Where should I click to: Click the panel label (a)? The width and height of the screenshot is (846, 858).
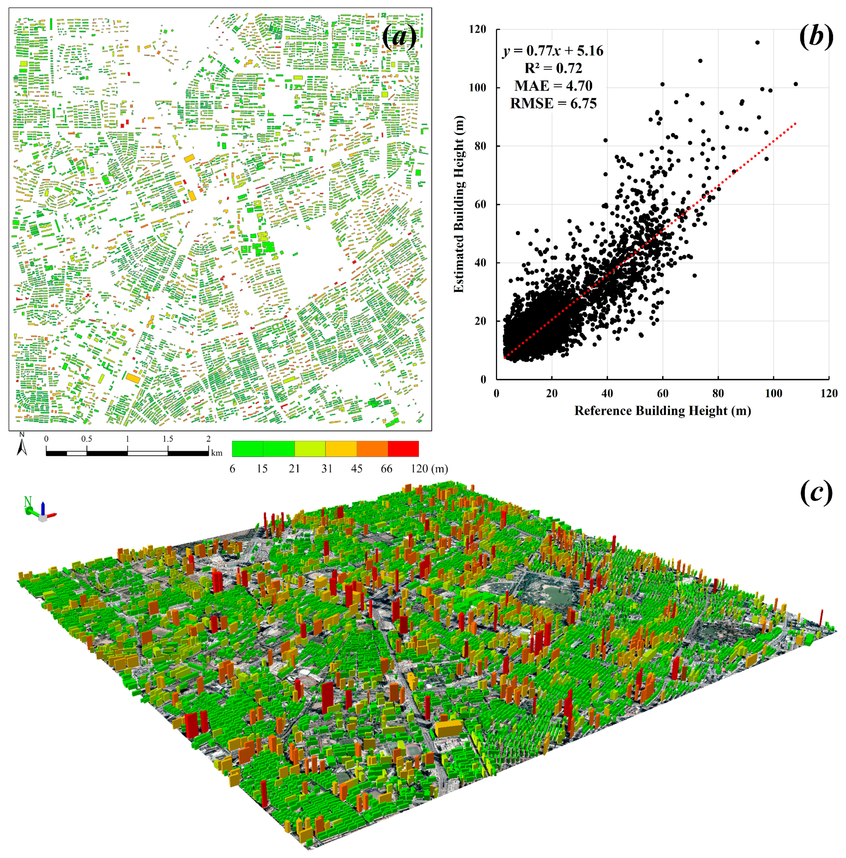(x=399, y=37)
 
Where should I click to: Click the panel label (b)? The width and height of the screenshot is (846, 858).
(x=816, y=37)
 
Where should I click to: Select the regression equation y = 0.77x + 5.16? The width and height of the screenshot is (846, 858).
(x=553, y=51)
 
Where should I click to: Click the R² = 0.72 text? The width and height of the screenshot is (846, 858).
(x=553, y=68)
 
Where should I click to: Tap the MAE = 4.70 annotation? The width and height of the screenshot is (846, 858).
(x=553, y=86)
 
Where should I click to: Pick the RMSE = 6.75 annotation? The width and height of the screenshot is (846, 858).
(x=553, y=103)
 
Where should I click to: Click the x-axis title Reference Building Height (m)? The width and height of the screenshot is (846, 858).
(x=662, y=411)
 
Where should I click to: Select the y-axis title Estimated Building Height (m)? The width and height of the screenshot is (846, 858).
(x=458, y=204)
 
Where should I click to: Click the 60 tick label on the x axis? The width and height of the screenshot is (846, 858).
(x=662, y=394)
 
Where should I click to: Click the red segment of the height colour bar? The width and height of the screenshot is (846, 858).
(x=403, y=449)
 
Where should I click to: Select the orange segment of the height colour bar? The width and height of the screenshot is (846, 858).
(x=372, y=449)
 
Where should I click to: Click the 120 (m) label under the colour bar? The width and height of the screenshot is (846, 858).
(x=429, y=469)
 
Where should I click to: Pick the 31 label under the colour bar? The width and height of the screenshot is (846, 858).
(x=327, y=469)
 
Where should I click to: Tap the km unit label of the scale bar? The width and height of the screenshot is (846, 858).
(x=217, y=453)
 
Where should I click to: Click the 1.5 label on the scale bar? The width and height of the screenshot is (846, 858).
(x=167, y=439)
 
